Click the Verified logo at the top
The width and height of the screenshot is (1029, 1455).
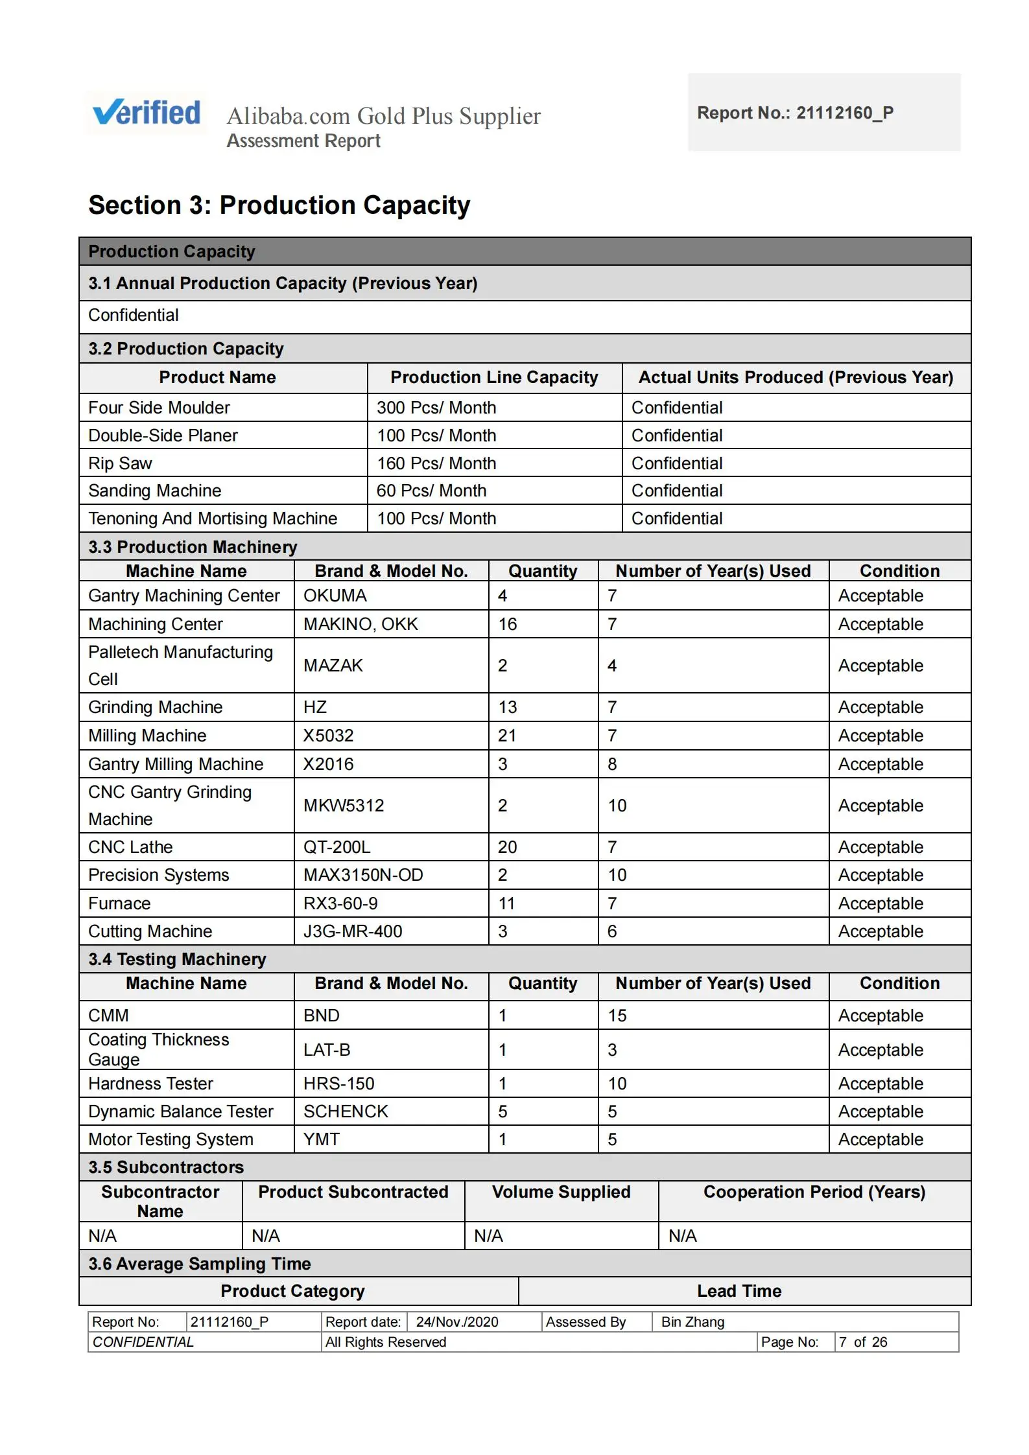[147, 113]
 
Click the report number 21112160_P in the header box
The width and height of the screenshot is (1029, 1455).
[844, 113]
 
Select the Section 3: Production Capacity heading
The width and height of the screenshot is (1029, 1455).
[279, 205]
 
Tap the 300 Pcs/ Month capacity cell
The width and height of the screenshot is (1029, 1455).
[436, 408]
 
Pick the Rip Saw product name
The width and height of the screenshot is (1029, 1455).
[120, 463]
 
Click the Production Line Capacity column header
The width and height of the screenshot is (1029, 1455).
[494, 377]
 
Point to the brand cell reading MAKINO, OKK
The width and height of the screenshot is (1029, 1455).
[361, 624]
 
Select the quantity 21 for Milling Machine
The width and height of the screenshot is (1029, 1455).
[507, 736]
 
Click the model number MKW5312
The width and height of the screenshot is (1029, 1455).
[344, 806]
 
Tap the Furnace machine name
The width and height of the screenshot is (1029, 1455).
[119, 903]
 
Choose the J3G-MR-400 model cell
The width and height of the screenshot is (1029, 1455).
[353, 931]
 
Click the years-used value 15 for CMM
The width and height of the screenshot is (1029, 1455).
[617, 1016]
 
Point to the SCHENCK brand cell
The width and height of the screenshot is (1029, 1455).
[346, 1112]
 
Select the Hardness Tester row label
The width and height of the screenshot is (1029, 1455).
[150, 1084]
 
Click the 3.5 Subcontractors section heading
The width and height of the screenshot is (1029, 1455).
[166, 1167]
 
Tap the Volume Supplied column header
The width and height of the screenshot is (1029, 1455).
[561, 1192]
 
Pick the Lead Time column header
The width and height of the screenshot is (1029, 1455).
[739, 1291]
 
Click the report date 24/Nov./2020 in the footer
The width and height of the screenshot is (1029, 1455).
[457, 1321]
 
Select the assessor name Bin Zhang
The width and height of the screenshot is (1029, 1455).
[692, 1321]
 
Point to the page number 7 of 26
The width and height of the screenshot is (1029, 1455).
[862, 1342]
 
